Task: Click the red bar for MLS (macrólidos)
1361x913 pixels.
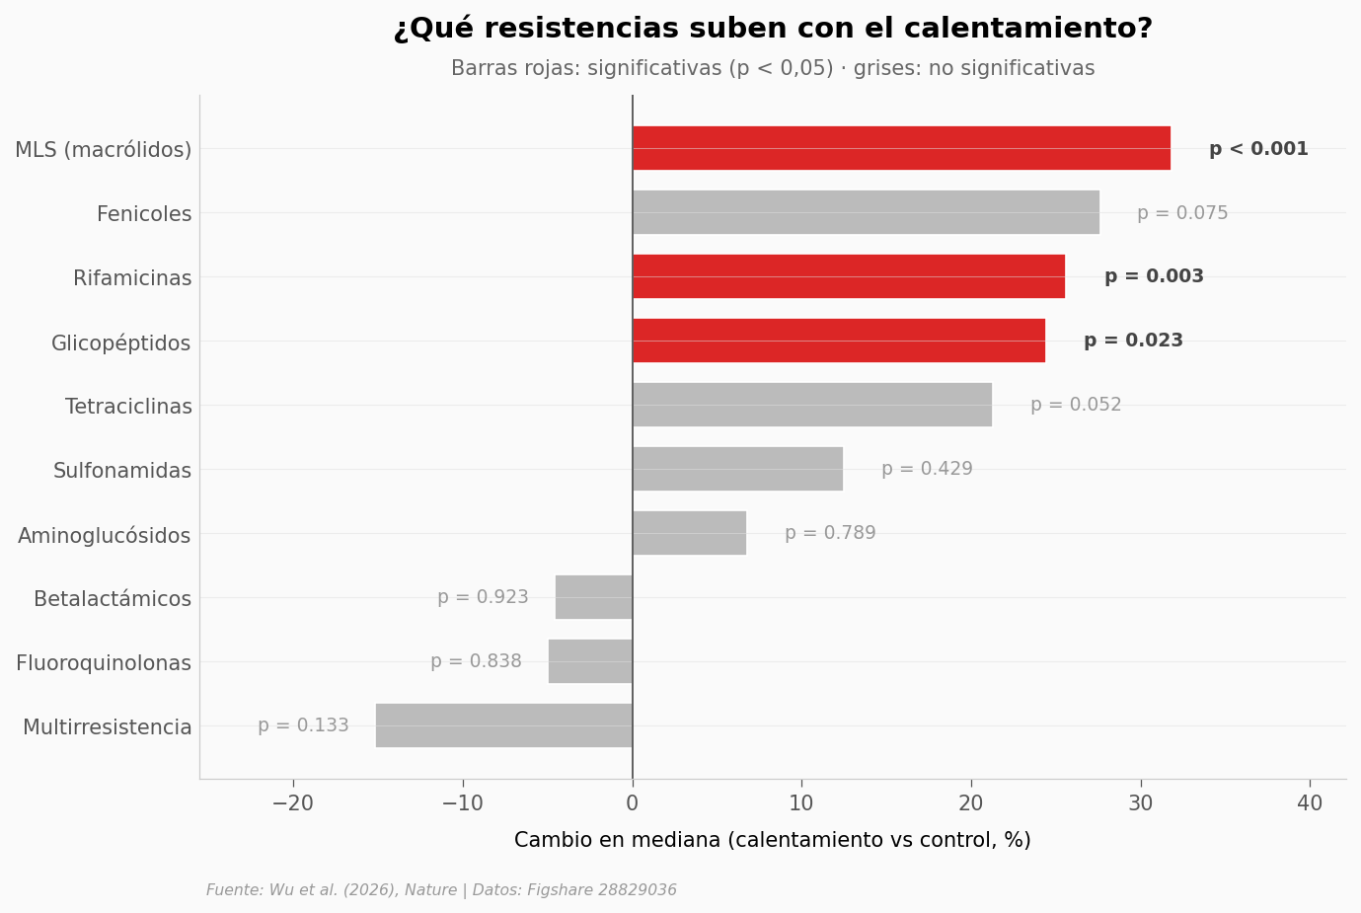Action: click(901, 148)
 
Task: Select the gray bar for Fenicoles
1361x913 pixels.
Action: click(866, 212)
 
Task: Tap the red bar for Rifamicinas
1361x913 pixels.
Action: click(849, 276)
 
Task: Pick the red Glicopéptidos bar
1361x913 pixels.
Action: click(839, 341)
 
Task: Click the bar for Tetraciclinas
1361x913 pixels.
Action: click(812, 405)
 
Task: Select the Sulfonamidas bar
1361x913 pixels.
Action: click(737, 469)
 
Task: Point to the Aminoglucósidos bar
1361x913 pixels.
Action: click(689, 533)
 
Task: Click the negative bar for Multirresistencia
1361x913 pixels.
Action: click(504, 725)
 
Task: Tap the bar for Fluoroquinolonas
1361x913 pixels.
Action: click(590, 661)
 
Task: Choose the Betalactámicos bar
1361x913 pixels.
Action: click(594, 597)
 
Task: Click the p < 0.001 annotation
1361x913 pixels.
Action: click(1258, 149)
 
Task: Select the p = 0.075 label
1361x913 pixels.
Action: click(1182, 213)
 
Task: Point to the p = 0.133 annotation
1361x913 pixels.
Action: click(303, 725)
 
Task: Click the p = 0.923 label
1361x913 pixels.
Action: click(483, 597)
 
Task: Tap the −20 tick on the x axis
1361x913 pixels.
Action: click(292, 803)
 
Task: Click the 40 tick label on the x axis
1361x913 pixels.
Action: click(1310, 803)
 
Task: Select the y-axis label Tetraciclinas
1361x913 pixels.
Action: click(128, 407)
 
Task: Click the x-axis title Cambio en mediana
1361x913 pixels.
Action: click(772, 840)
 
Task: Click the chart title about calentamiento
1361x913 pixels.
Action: click(773, 29)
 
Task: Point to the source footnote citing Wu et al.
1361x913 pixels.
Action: click(441, 890)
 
